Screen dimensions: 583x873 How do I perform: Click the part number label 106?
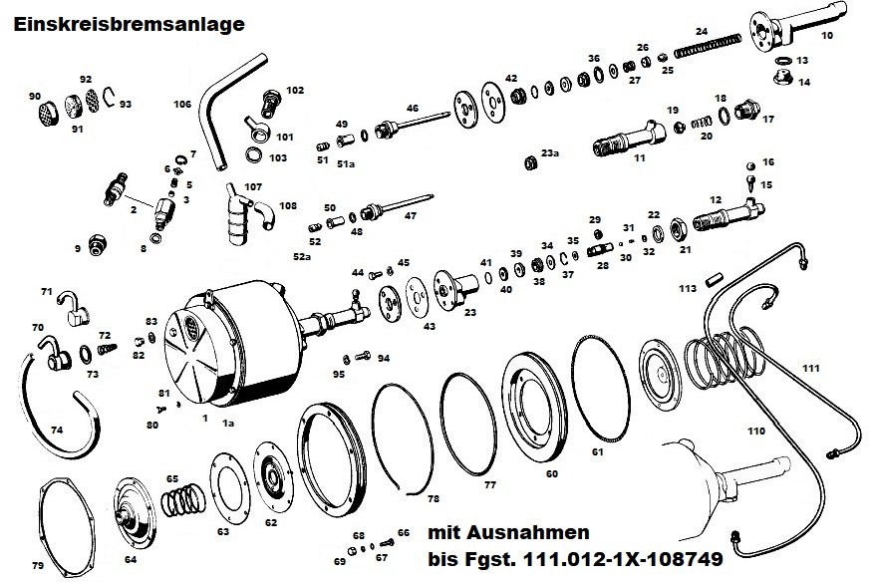(181, 103)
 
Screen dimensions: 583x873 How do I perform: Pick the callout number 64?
(130, 559)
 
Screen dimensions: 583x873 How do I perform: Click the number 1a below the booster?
(227, 425)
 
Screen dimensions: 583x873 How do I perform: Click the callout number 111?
(811, 368)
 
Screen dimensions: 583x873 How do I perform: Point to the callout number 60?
(551, 474)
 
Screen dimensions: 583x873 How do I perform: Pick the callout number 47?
(410, 215)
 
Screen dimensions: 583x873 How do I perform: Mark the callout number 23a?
(550, 152)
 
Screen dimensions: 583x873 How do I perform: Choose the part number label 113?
(687, 288)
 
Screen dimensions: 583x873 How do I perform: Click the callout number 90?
(34, 96)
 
